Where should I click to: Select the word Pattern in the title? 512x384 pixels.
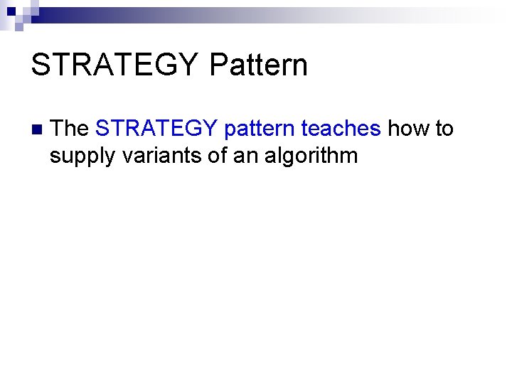[259, 65]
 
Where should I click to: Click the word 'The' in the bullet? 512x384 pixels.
[70, 129]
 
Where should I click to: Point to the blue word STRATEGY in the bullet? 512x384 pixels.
[156, 129]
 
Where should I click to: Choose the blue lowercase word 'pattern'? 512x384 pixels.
[259, 129]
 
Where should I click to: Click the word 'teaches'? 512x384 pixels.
[341, 129]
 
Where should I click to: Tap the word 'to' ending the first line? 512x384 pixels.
[444, 129]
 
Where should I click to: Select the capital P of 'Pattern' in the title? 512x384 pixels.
[218, 65]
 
